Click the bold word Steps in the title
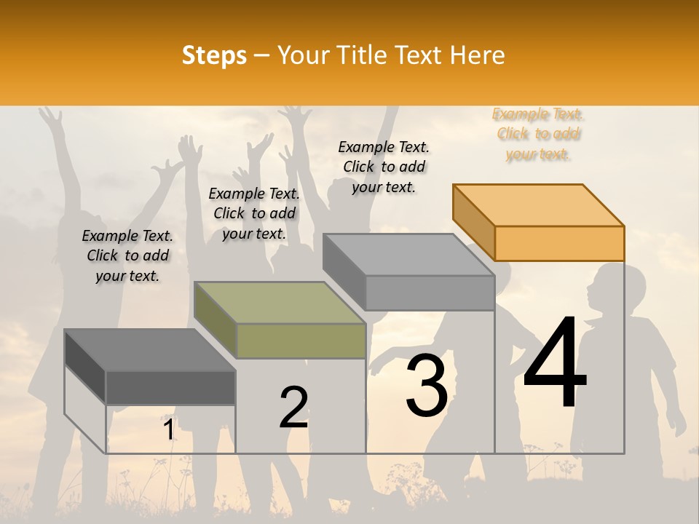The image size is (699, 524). point(214,55)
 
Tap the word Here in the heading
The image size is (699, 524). point(477,55)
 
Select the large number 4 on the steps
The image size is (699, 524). point(555,364)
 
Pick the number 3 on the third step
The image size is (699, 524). point(427,385)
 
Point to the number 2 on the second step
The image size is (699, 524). point(293,408)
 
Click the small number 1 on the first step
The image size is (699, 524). point(168,430)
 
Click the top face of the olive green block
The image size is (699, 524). point(280,303)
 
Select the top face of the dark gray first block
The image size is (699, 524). point(150,350)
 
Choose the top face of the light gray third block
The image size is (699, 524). point(409,255)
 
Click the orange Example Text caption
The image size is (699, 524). point(538,134)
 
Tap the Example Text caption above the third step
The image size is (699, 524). point(384,167)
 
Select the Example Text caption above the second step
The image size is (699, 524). point(254,213)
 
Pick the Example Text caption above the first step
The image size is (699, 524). point(127,255)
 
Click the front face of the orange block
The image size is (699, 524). point(559,243)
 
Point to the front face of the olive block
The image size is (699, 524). point(301,341)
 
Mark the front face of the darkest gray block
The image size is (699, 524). point(170,387)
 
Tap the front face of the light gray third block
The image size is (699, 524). point(430,293)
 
